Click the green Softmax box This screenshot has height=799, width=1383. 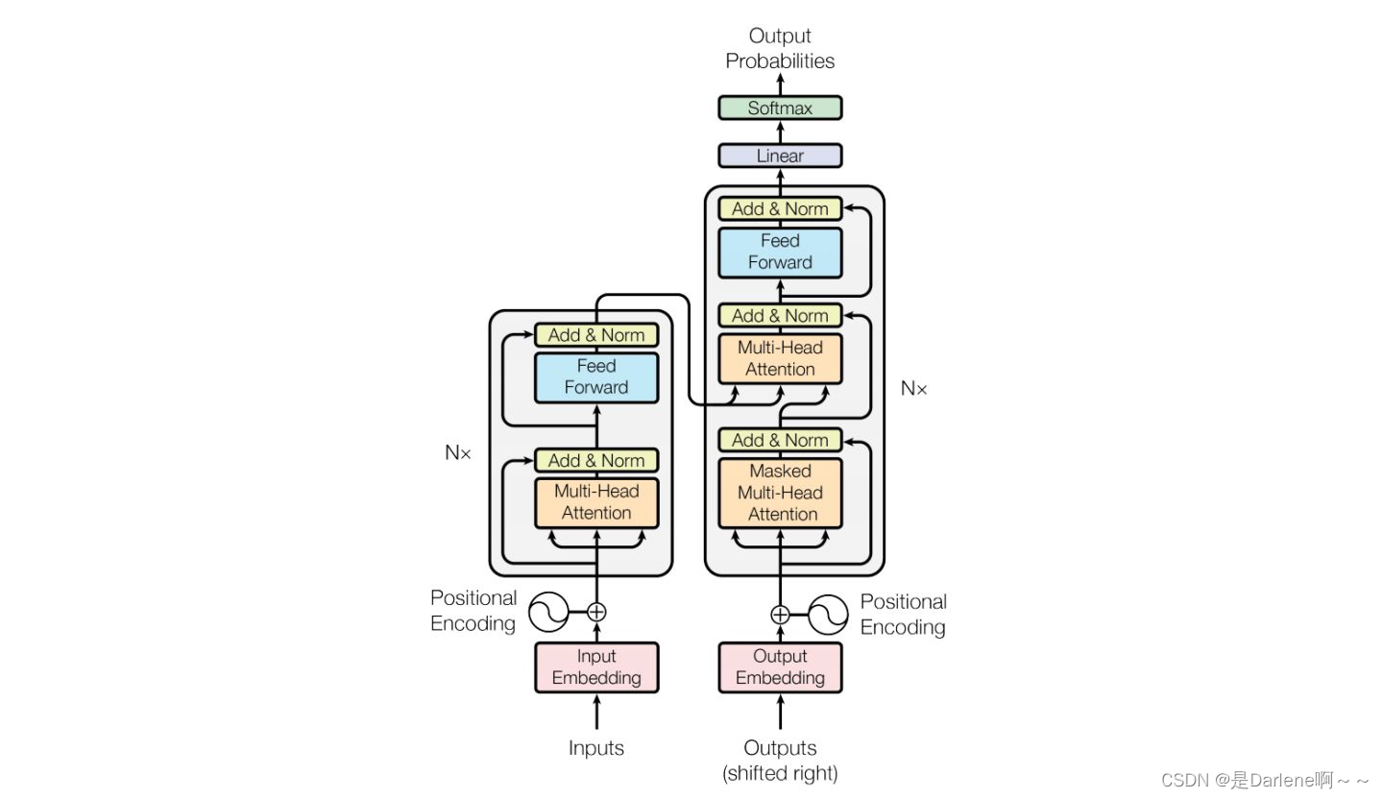780,108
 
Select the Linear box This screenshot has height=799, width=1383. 780,156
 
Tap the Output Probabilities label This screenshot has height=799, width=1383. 780,48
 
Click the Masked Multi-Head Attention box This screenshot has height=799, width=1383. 780,493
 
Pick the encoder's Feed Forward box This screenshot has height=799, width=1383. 596,377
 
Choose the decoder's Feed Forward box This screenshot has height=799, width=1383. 780,252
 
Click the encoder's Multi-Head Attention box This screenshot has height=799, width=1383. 596,502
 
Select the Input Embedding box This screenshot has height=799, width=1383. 596,667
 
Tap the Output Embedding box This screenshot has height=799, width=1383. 780,667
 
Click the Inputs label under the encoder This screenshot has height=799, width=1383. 596,748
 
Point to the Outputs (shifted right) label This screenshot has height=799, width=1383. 780,760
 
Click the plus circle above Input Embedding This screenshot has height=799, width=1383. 596,611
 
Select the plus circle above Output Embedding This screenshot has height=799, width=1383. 780,615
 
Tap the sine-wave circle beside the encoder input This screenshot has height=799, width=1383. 549,612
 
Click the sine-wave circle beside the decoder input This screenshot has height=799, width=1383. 828,615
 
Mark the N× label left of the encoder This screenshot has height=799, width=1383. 458,453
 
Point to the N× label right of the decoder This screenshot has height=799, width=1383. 914,389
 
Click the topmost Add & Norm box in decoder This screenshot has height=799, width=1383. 780,208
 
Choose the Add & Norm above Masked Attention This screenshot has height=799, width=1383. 780,440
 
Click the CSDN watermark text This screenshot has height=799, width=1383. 1265,780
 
